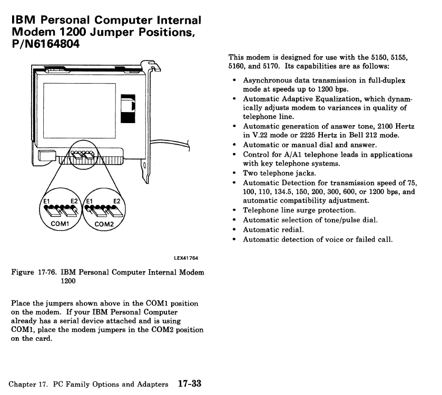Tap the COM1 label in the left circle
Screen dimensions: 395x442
[53, 223]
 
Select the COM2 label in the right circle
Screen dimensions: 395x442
[104, 223]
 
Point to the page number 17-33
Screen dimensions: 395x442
[189, 383]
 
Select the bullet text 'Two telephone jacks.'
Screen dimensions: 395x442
[279, 173]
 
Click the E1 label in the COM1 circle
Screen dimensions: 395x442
[46, 201]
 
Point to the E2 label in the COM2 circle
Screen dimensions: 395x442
[116, 201]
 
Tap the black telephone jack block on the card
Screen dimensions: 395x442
[128, 108]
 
